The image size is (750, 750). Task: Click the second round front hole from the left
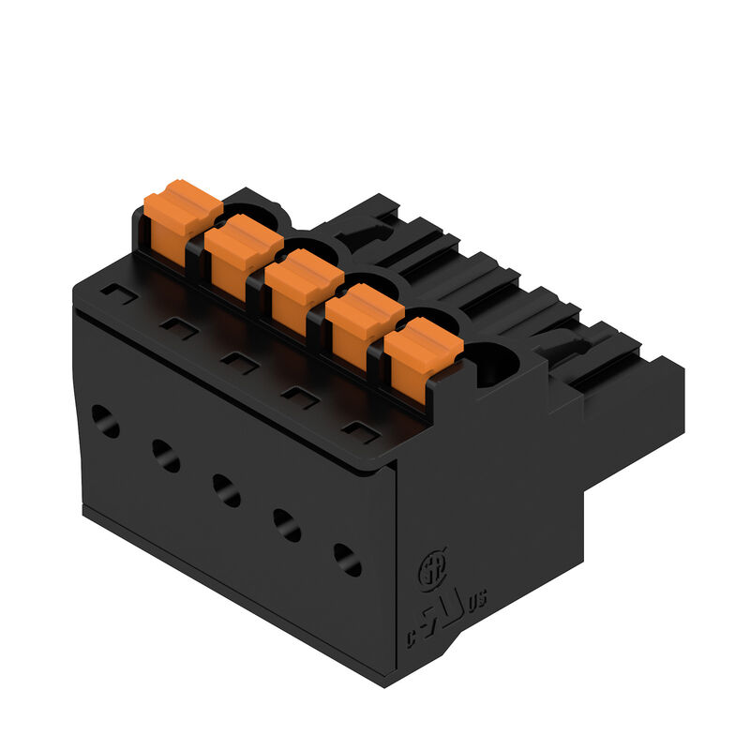point(166,457)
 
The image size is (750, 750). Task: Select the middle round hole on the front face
point(226,490)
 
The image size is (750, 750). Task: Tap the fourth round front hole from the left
point(287,525)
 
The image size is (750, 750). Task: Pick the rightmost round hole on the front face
point(348,560)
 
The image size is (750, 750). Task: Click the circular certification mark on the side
point(430,568)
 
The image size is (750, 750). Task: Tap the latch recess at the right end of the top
point(562,352)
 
